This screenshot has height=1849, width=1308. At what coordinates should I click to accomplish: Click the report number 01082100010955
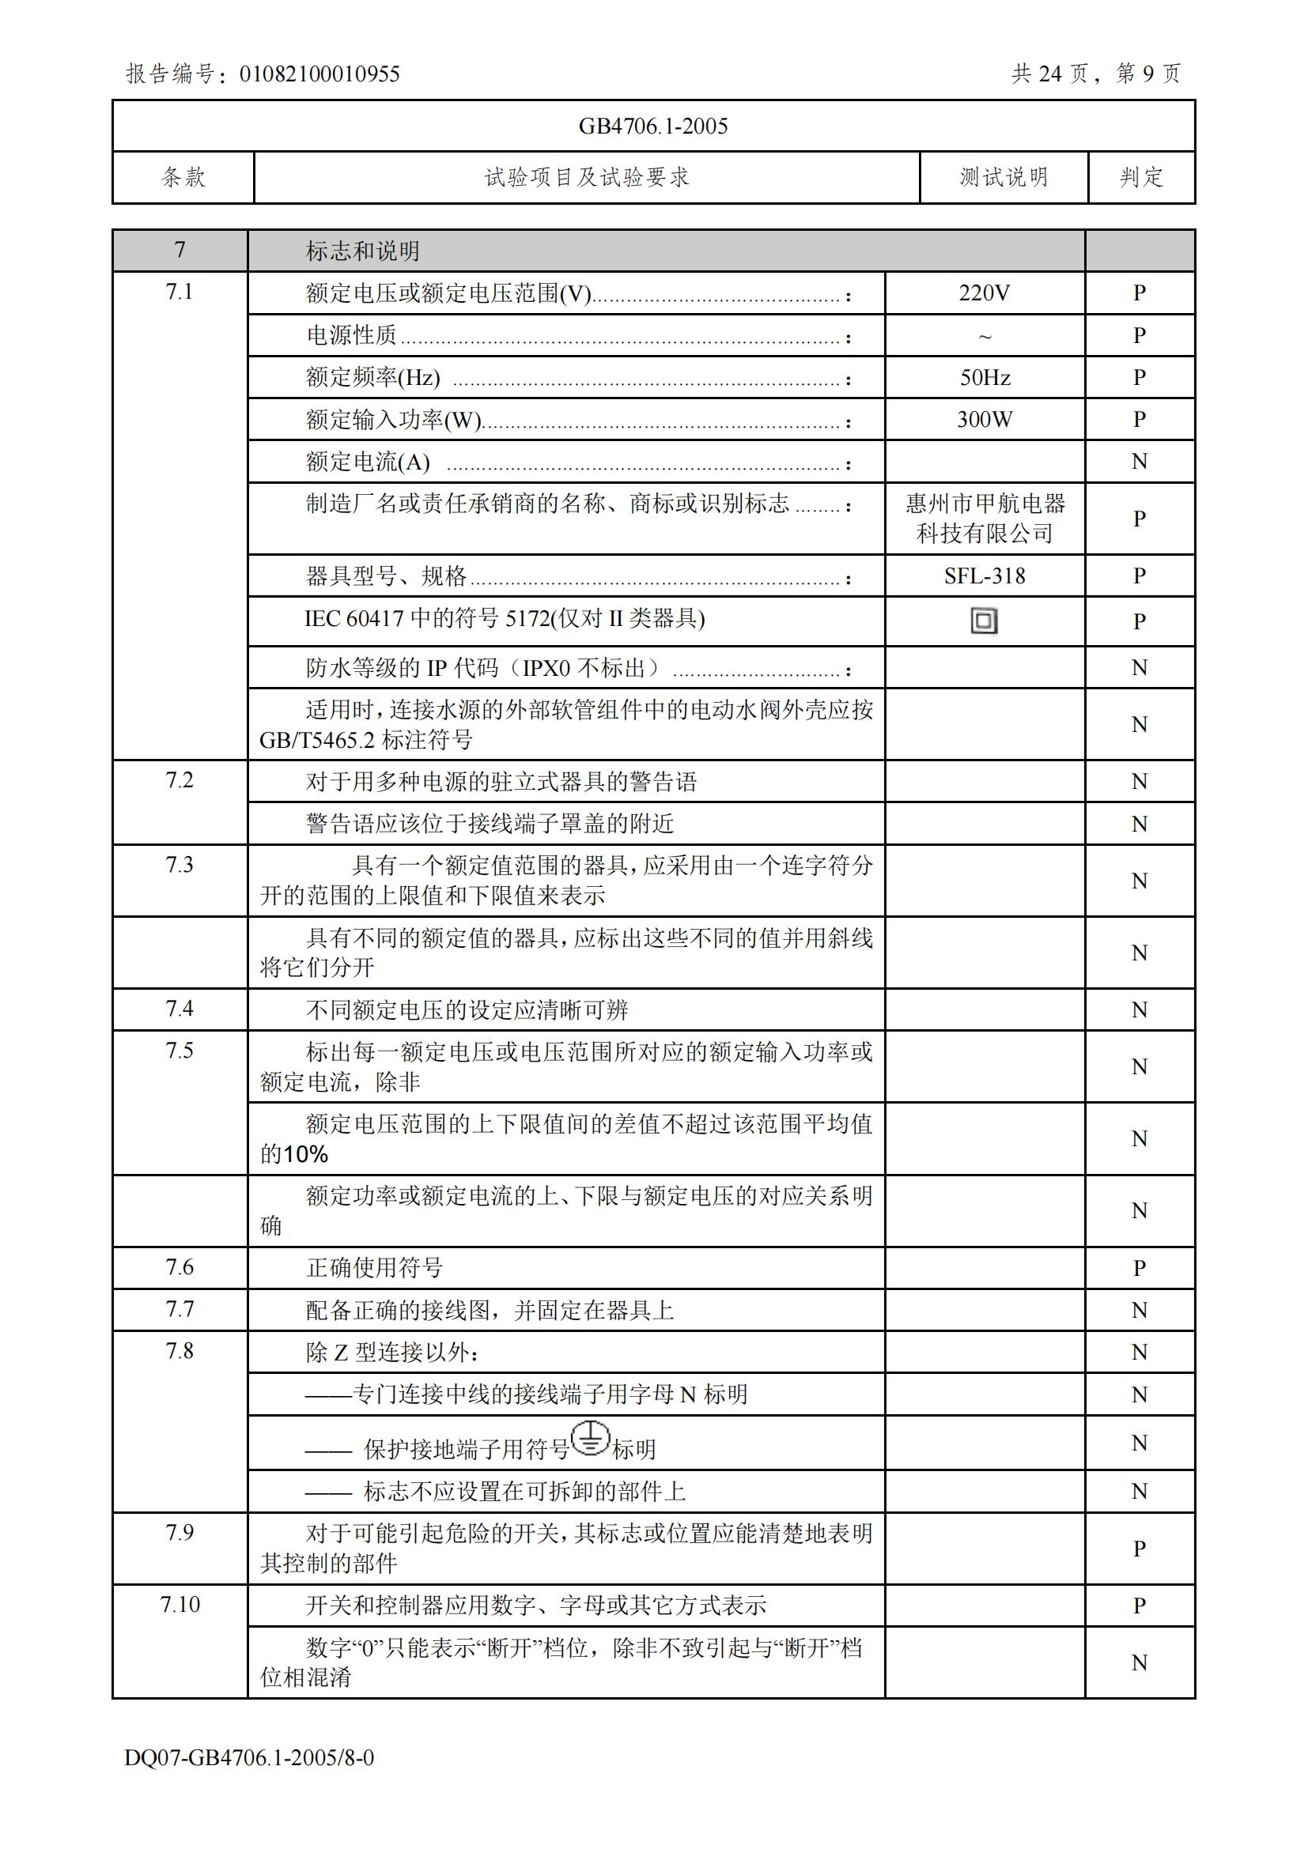(319, 74)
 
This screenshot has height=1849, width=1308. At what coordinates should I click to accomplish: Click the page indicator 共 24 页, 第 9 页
(1095, 74)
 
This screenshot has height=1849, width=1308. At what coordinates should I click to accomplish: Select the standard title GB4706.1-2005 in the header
(653, 126)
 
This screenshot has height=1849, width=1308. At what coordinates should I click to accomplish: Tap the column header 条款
(183, 177)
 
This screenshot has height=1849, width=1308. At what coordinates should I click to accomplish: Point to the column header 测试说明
(1004, 177)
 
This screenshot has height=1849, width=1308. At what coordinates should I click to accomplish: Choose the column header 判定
(1141, 177)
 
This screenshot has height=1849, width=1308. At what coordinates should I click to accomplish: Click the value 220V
(985, 293)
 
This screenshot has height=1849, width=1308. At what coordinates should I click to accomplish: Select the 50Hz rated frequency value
(985, 377)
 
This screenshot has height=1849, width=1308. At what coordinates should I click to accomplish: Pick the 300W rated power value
(985, 419)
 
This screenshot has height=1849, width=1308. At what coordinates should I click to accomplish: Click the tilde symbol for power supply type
(985, 337)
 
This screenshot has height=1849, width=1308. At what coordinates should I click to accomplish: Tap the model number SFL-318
(985, 575)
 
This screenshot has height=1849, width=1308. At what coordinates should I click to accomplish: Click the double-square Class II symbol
(984, 621)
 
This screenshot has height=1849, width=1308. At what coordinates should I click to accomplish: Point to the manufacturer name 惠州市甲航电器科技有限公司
(985, 518)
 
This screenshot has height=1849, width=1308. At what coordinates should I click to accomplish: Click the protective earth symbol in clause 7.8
(591, 1438)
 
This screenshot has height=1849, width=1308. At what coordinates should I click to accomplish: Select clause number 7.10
(180, 1604)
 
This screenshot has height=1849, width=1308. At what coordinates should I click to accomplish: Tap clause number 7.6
(180, 1266)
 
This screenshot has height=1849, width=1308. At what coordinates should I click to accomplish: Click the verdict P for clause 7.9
(1139, 1548)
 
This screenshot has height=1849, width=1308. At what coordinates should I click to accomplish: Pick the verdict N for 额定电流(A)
(1139, 462)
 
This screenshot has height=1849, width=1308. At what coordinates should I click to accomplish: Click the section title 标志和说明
(362, 251)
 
